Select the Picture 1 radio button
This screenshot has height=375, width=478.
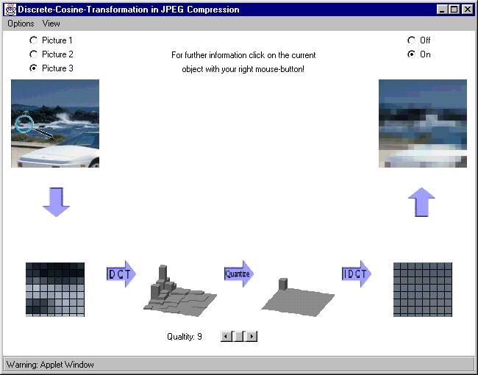click(x=33, y=40)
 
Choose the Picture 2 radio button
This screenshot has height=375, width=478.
click(x=33, y=54)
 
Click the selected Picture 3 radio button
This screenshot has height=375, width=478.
click(x=33, y=68)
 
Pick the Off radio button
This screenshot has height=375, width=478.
click(x=411, y=40)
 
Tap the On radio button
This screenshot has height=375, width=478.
click(x=411, y=54)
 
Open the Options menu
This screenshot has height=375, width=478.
click(x=21, y=24)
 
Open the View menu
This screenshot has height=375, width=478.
click(x=51, y=24)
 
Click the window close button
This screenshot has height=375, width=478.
click(x=467, y=10)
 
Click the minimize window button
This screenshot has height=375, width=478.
click(x=442, y=10)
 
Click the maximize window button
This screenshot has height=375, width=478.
click(x=454, y=10)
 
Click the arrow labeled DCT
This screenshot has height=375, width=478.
click(x=121, y=274)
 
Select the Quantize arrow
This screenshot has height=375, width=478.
click(x=239, y=274)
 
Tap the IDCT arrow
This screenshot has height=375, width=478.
click(x=357, y=274)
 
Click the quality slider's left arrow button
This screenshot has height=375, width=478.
click(x=226, y=336)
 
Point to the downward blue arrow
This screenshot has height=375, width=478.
click(x=56, y=201)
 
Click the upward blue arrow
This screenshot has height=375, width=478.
click(x=421, y=201)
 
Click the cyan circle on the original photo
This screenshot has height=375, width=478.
click(x=24, y=116)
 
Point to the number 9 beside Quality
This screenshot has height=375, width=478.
click(x=199, y=336)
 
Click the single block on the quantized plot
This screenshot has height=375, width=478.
click(x=283, y=284)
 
